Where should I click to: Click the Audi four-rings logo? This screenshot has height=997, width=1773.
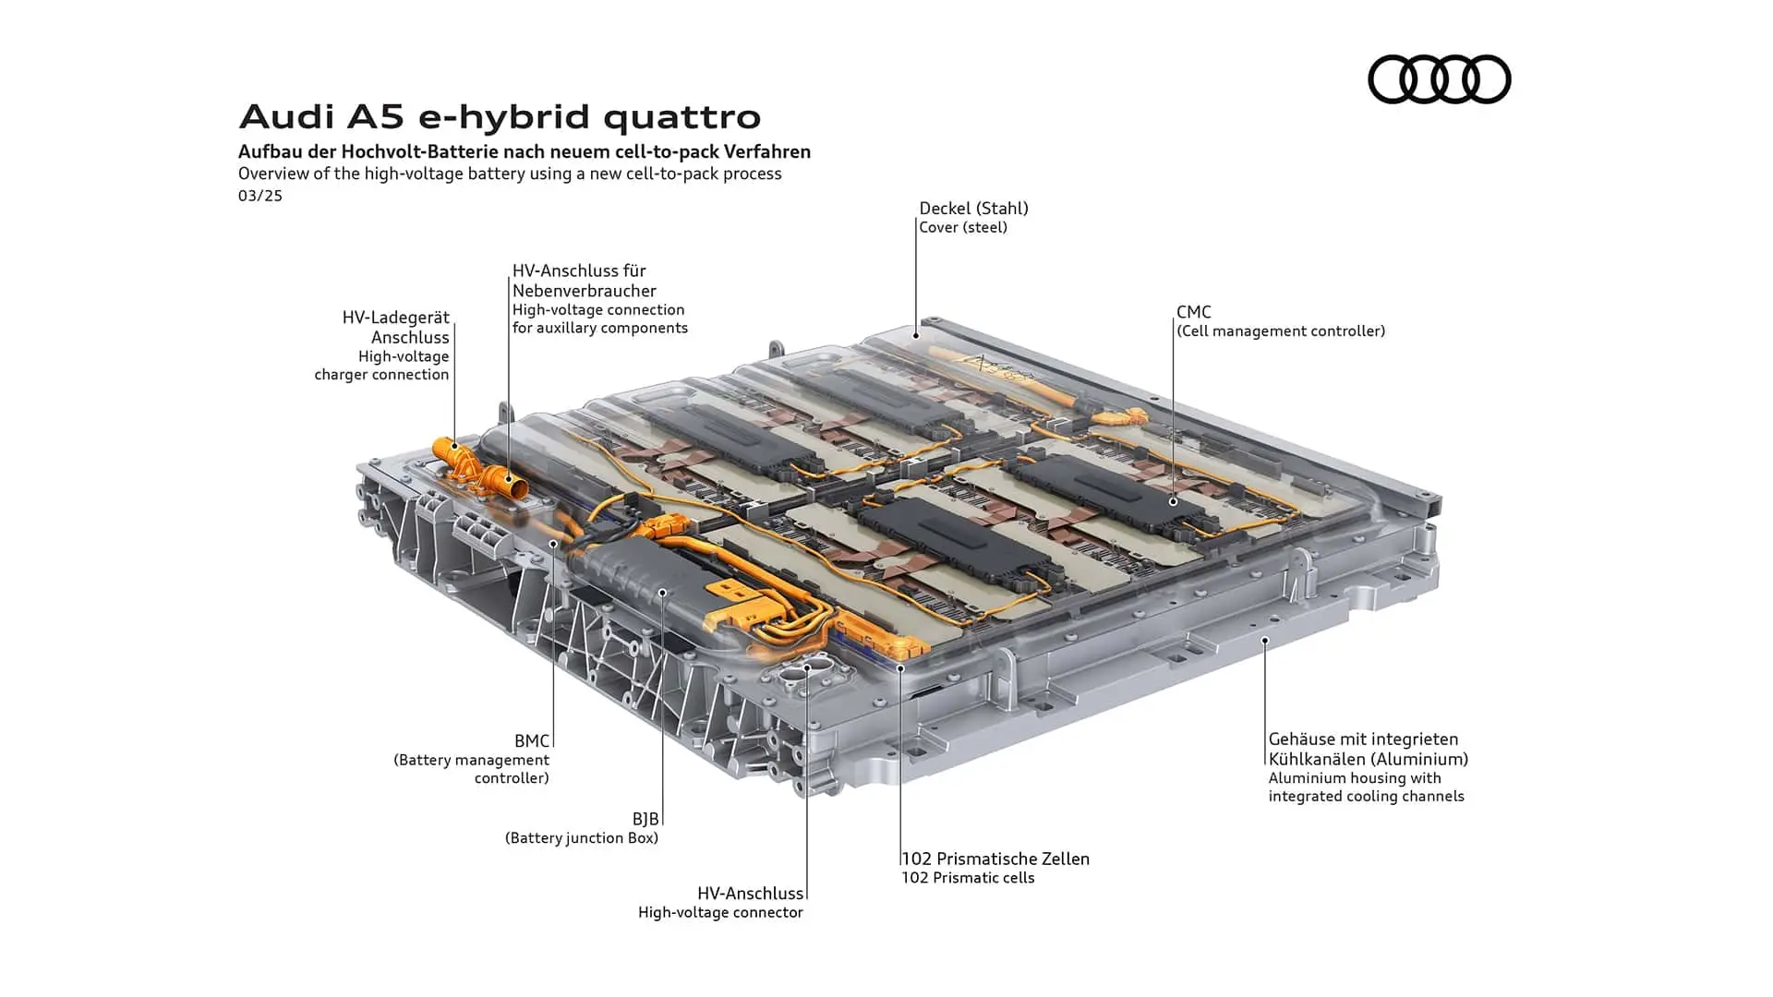pyautogui.click(x=1439, y=78)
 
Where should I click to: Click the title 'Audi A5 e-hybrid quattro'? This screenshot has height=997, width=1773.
pyautogui.click(x=500, y=117)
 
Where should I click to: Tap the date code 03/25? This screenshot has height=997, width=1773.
pyautogui.click(x=260, y=196)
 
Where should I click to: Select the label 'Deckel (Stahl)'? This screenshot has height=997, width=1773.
pyautogui.click(x=973, y=209)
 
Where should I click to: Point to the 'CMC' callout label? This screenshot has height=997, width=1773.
pyautogui.click(x=1194, y=312)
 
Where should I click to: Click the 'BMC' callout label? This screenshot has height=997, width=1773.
pyautogui.click(x=532, y=741)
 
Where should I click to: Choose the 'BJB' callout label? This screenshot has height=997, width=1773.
pyautogui.click(x=645, y=819)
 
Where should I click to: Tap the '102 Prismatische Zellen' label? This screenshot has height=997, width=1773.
pyautogui.click(x=995, y=859)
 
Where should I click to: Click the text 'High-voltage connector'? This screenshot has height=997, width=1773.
pyautogui.click(x=720, y=913)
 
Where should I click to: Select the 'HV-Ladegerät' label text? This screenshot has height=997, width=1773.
pyautogui.click(x=395, y=318)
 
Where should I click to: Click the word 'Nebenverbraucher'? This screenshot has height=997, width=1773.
pyautogui.click(x=585, y=291)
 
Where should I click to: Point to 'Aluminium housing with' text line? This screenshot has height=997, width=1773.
pyautogui.click(x=1355, y=778)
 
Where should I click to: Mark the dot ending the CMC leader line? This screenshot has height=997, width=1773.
pyautogui.click(x=1173, y=501)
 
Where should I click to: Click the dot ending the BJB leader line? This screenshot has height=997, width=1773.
pyautogui.click(x=662, y=592)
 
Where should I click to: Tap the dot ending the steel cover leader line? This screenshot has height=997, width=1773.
pyautogui.click(x=916, y=335)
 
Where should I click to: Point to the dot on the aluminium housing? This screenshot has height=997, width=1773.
pyautogui.click(x=1265, y=640)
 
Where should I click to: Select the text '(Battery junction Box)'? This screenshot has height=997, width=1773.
pyautogui.click(x=582, y=838)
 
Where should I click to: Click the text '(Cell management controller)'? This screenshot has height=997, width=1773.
pyautogui.click(x=1281, y=330)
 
